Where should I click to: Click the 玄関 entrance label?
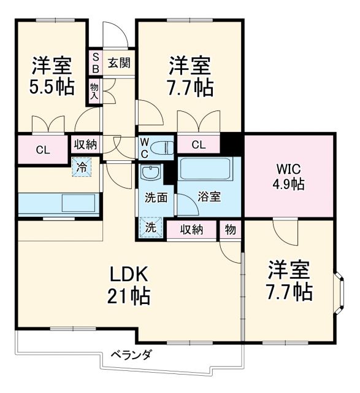tap(119, 63)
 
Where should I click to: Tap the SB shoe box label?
tap(96, 63)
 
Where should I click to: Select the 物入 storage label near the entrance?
tap(95, 89)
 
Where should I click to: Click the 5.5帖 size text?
tap(50, 86)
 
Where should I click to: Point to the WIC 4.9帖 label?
tap(289, 176)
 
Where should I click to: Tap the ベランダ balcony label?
tap(131, 354)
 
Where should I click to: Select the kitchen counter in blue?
tap(58, 203)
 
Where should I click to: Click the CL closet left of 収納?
tap(42, 149)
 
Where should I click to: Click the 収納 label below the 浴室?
tap(191, 229)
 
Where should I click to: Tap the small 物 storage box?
tap(230, 229)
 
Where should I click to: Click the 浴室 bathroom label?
tap(210, 198)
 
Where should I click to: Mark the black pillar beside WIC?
tap(232, 144)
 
